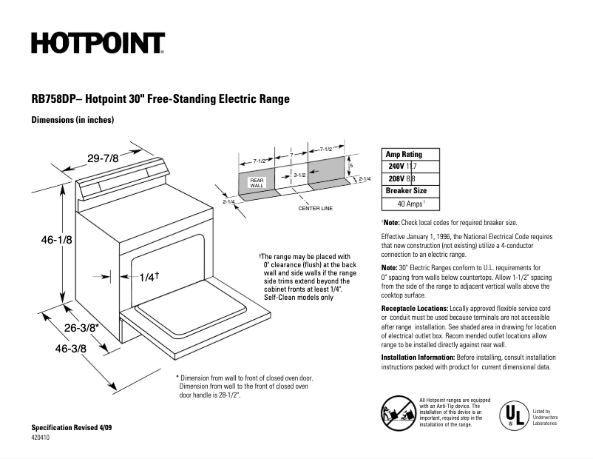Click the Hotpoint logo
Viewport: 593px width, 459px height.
point(97,43)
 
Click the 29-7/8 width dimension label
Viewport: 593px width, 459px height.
point(103,158)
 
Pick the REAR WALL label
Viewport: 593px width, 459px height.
point(257,183)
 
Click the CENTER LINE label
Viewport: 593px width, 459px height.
point(315,208)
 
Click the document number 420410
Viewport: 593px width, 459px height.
point(43,438)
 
